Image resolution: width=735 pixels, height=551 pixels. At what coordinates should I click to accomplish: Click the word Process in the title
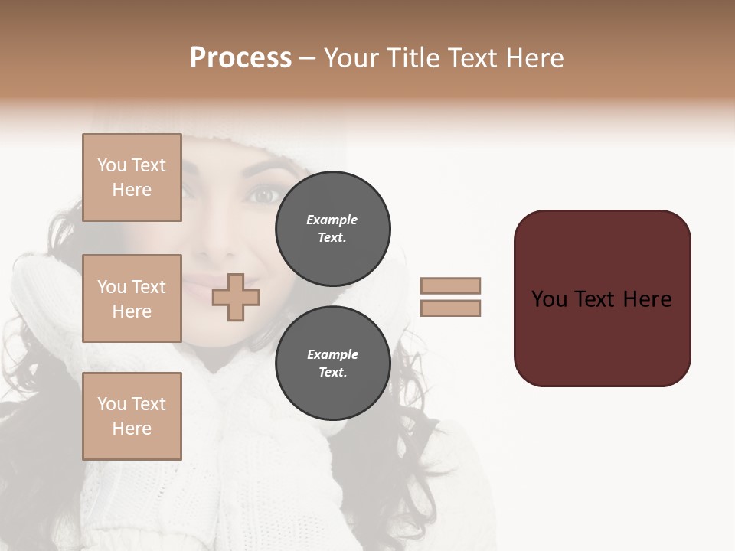pyautogui.click(x=240, y=58)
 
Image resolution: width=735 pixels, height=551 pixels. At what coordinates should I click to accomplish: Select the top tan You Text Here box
pyautogui.click(x=132, y=178)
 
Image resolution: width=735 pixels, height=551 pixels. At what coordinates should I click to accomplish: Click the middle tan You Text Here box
pyautogui.click(x=132, y=298)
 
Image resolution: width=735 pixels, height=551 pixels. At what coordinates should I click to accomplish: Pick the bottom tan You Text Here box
pyautogui.click(x=132, y=416)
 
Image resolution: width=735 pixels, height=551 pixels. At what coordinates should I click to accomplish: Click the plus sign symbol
pyautogui.click(x=236, y=298)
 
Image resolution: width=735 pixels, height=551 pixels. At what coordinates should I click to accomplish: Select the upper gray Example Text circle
pyautogui.click(x=332, y=229)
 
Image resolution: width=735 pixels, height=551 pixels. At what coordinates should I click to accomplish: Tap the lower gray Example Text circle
pyautogui.click(x=332, y=364)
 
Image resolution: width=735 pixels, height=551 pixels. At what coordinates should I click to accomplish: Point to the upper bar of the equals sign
pyautogui.click(x=451, y=285)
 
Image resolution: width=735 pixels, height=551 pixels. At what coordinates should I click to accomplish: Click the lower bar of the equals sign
pyautogui.click(x=451, y=308)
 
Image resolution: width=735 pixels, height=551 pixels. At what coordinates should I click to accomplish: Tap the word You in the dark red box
pyautogui.click(x=549, y=299)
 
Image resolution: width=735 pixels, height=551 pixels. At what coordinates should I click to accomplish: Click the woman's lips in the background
pyautogui.click(x=201, y=289)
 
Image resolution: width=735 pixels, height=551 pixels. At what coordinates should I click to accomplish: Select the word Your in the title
pyautogui.click(x=354, y=58)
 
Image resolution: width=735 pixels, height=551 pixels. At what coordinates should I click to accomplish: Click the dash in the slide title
pyautogui.click(x=308, y=58)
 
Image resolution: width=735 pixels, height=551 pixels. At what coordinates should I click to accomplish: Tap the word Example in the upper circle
pyautogui.click(x=332, y=220)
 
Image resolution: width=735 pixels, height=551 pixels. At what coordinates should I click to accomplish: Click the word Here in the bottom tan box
pyautogui.click(x=132, y=429)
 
